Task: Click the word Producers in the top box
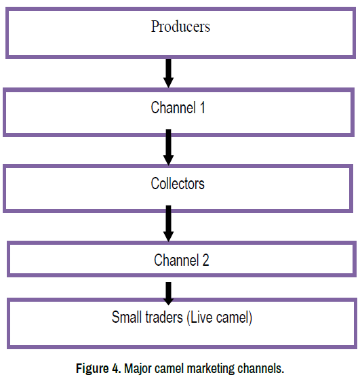tap(180, 26)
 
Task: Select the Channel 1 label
tap(178, 107)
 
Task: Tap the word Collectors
tap(178, 184)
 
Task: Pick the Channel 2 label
tap(182, 260)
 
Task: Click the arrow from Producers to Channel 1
tap(169, 73)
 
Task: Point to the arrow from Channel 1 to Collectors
tap(169, 147)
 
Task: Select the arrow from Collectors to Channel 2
tap(169, 223)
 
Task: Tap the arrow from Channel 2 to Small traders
tap(169, 294)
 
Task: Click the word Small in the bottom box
tap(127, 317)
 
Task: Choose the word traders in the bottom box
tap(164, 317)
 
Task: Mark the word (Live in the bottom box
tap(199, 317)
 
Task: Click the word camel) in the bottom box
tap(234, 317)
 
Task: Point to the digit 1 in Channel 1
tap(202, 107)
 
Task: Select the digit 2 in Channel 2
tap(205, 260)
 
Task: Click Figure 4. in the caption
tap(98, 368)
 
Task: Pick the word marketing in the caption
tap(210, 369)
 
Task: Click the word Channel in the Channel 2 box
tap(176, 260)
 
